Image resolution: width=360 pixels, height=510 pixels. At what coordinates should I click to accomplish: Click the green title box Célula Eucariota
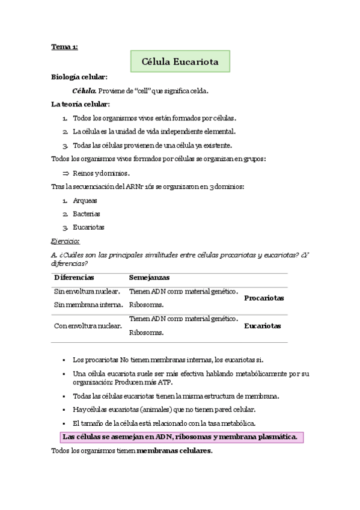click(x=180, y=61)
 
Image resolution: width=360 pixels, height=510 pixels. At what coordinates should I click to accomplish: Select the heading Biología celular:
click(x=79, y=78)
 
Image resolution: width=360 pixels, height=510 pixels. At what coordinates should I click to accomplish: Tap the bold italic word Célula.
click(x=84, y=91)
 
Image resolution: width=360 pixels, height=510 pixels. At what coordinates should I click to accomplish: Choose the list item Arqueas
click(x=85, y=200)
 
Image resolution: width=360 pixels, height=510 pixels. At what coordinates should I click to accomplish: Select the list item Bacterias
click(x=87, y=214)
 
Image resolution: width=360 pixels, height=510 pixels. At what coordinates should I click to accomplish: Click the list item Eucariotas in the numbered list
click(x=88, y=227)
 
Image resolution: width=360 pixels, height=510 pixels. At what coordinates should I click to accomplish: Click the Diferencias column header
click(x=74, y=278)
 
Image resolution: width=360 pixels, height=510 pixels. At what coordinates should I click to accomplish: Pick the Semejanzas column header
click(x=149, y=278)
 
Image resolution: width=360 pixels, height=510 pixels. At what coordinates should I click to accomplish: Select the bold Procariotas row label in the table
click(x=264, y=298)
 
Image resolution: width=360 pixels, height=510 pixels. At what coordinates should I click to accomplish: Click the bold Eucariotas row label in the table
click(x=262, y=326)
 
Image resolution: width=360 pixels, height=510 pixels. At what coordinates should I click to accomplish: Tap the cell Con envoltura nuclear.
click(x=88, y=326)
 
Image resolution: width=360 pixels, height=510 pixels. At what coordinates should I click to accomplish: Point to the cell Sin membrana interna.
click(x=87, y=305)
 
